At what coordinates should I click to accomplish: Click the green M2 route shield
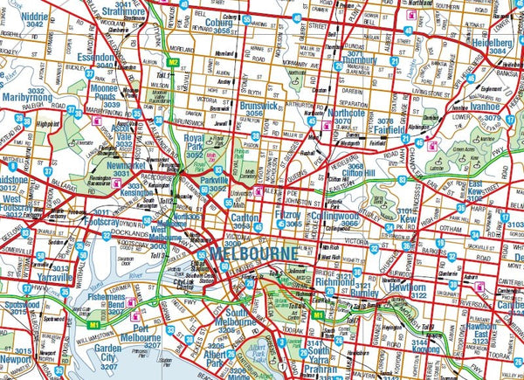click(174, 62)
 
